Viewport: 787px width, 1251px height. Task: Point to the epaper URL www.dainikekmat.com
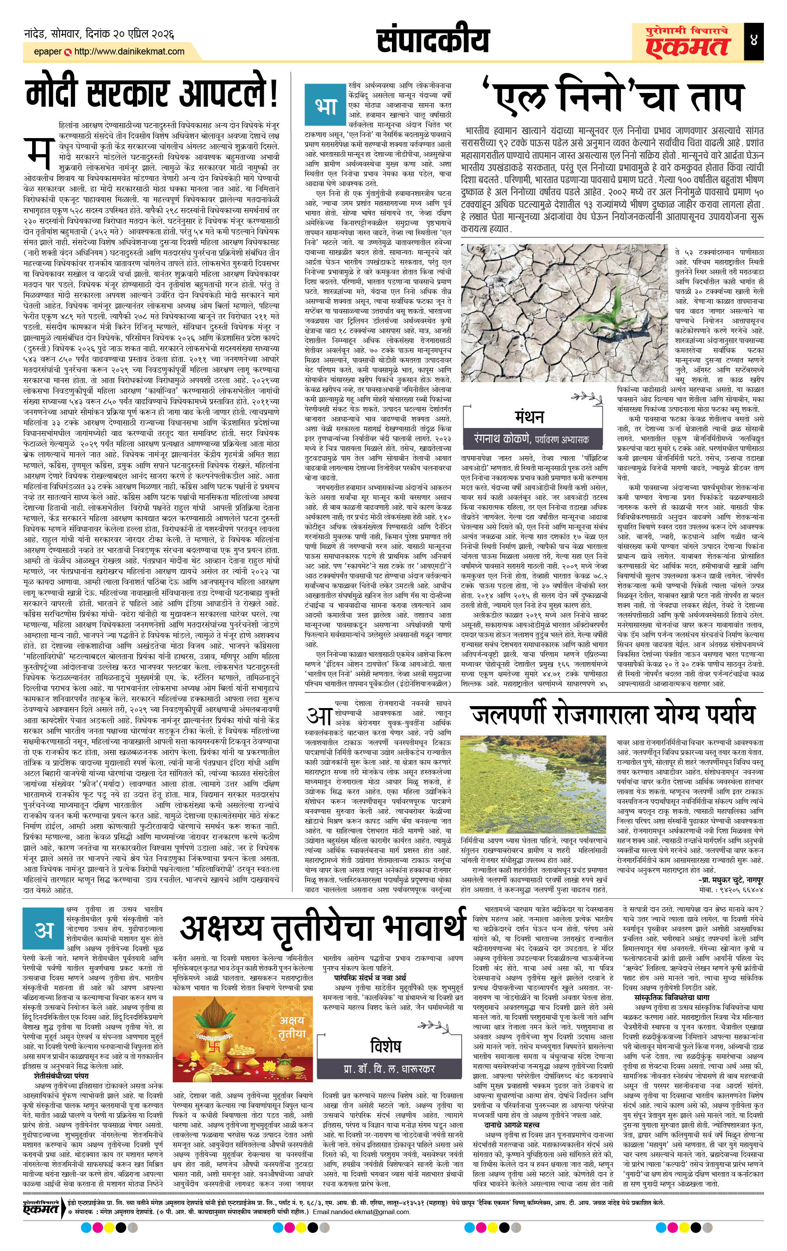coord(129,51)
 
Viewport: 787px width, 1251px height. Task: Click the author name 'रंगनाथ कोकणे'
coord(500,439)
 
